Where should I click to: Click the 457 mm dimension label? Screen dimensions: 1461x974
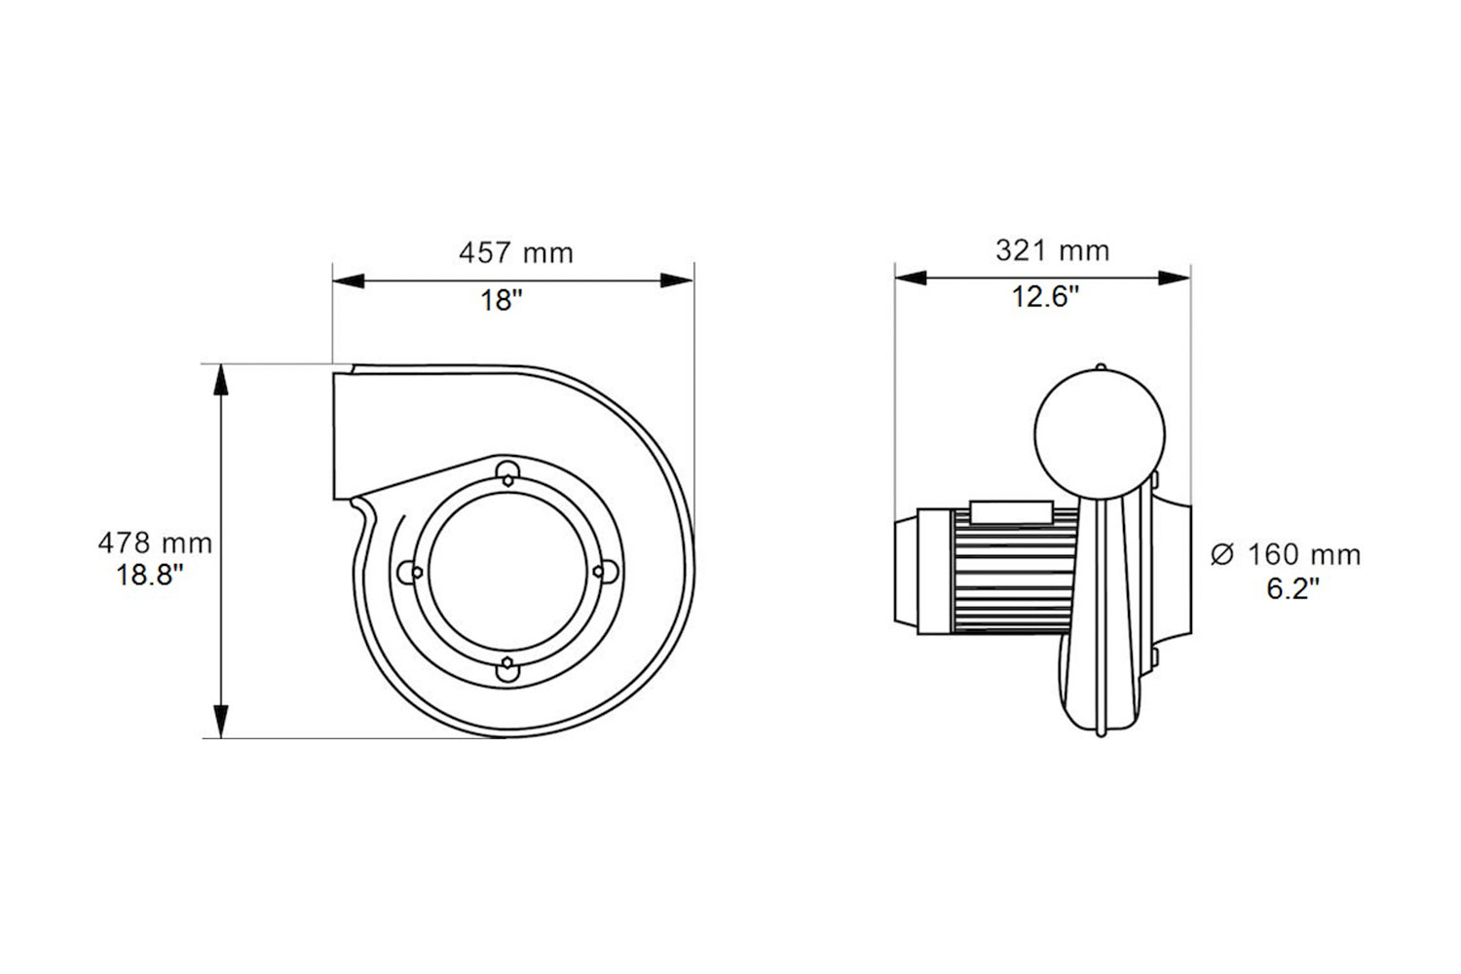[x=516, y=253]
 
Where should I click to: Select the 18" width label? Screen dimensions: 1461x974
[x=502, y=301]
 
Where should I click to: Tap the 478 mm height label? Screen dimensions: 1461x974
[x=155, y=543]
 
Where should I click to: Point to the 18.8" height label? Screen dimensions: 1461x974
[x=150, y=575]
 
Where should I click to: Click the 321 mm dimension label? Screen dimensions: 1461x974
[x=1052, y=250]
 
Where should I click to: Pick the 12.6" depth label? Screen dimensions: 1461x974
[x=1045, y=297]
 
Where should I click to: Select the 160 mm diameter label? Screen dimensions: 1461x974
[x=1304, y=555]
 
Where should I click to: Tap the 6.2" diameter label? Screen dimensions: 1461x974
[x=1292, y=588]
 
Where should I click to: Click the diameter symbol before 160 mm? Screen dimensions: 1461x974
[x=1222, y=555]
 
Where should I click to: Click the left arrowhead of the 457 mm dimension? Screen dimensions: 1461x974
[x=349, y=281]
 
